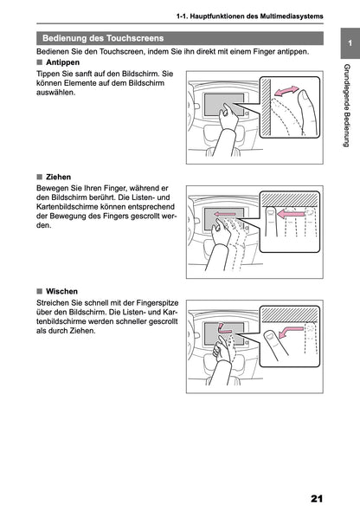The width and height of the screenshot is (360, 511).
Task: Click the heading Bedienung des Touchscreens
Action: coord(104,38)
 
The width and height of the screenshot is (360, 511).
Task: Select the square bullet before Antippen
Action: coord(40,63)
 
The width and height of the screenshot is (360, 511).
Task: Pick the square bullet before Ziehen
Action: coord(40,176)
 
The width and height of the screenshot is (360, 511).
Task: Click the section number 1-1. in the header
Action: coord(184,16)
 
